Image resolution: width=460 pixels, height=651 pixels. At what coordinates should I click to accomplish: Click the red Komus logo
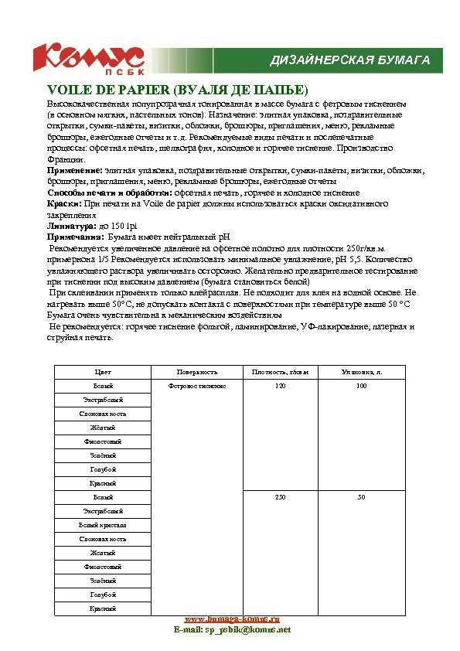click(87, 59)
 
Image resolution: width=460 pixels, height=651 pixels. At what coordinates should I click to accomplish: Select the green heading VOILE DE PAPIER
click(178, 90)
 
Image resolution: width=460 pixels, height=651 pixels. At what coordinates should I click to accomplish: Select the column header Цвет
click(103, 372)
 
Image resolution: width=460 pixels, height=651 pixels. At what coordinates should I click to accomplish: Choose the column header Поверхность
click(197, 372)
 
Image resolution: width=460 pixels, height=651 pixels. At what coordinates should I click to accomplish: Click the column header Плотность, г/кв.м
click(280, 372)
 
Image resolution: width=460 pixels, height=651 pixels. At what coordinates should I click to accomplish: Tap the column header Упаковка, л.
click(361, 372)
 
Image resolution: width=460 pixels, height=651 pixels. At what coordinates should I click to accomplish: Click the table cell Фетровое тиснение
click(197, 386)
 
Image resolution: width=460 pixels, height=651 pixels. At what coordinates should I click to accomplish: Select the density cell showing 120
click(280, 386)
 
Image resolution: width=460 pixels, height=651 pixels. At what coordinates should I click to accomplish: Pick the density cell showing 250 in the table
click(280, 497)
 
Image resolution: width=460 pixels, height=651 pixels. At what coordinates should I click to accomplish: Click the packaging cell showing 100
click(361, 386)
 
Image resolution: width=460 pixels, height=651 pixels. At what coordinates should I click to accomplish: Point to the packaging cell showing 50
click(361, 497)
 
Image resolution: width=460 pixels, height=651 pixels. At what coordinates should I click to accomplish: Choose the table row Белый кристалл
click(103, 525)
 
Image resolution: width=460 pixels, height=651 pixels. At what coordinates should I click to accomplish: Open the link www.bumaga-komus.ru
click(232, 619)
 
